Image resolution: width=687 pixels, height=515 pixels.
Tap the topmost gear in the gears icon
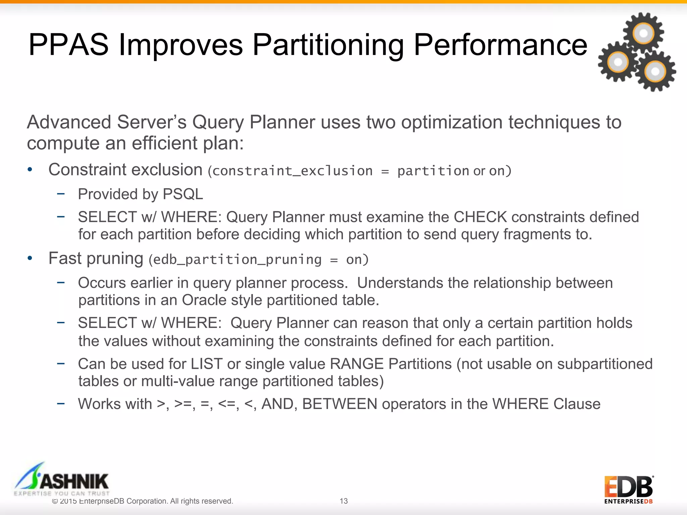tap(643, 33)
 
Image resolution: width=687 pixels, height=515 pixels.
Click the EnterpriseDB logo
tap(628, 490)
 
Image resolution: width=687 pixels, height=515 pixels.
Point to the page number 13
tap(343, 501)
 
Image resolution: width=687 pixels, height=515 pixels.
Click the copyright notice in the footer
tap(143, 501)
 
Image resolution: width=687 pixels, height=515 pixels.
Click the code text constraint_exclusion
tap(293, 171)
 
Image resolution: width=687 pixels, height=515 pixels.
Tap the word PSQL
tap(183, 194)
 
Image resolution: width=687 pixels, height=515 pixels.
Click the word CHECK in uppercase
tap(480, 217)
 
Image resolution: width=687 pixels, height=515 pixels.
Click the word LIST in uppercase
tap(207, 364)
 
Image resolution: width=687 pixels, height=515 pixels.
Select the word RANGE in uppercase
tap(357, 364)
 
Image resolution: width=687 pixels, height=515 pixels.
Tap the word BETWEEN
tap(339, 404)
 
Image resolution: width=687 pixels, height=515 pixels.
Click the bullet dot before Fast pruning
tap(30, 259)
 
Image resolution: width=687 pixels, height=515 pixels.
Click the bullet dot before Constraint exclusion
tap(30, 170)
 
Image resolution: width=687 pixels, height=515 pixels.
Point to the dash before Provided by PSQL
tap(61, 193)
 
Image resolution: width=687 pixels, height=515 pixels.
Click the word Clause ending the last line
tap(577, 404)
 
